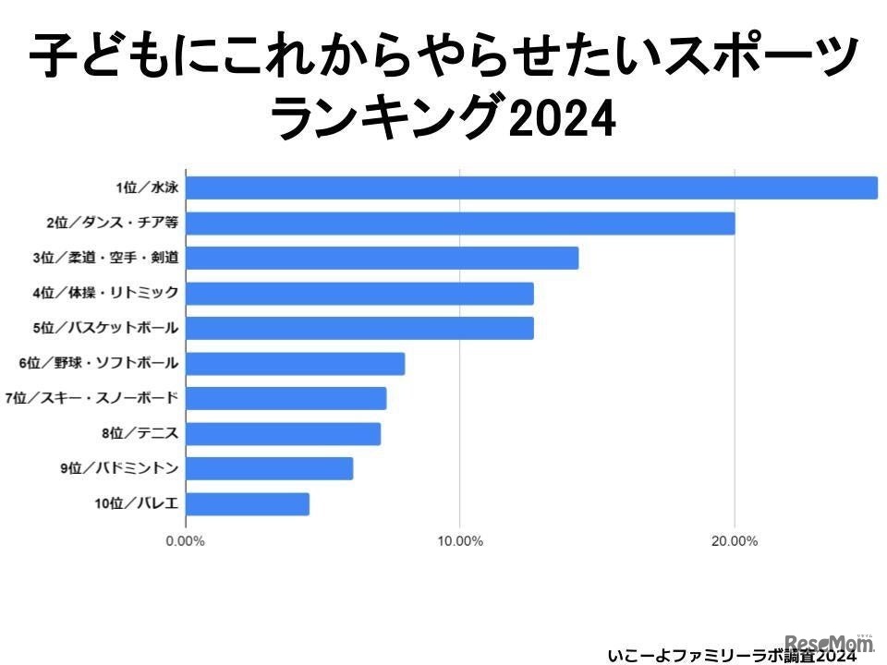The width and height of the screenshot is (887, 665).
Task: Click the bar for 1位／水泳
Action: [531, 187]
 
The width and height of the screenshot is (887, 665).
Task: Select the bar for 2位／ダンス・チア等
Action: [460, 223]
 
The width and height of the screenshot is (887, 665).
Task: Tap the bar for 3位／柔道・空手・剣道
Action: [382, 258]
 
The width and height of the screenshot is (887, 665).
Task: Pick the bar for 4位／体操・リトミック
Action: [359, 293]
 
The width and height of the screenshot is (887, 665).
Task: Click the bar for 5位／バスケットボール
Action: [359, 328]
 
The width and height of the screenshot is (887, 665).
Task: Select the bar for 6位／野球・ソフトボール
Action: [295, 363]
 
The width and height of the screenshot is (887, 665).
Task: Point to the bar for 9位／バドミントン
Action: [269, 468]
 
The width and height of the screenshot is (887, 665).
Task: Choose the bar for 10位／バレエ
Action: [248, 503]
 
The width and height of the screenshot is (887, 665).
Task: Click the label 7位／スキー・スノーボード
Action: [91, 398]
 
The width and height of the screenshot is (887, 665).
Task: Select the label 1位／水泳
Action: [146, 187]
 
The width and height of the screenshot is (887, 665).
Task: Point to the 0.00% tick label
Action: [185, 540]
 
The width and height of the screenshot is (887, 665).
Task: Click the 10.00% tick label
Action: [459, 540]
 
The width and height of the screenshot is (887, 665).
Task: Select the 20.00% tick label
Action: [734, 540]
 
